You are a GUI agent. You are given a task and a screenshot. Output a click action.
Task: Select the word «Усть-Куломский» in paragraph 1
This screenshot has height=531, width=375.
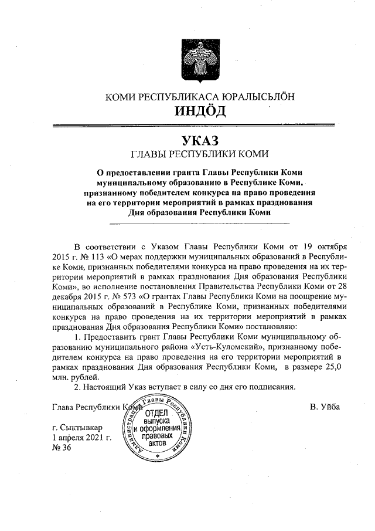tap(182, 347)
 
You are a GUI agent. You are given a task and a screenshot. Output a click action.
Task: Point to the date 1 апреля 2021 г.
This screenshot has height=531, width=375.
tap(81, 438)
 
